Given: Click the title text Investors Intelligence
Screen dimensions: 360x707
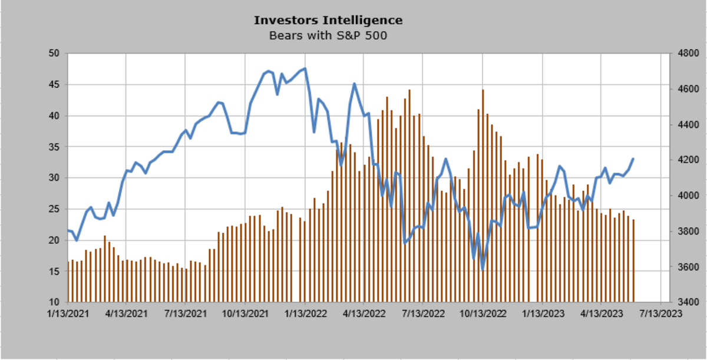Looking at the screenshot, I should click(x=328, y=20).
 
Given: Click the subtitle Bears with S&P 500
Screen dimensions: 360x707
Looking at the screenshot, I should click(x=328, y=35).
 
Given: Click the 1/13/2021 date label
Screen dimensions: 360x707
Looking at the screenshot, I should click(x=68, y=314).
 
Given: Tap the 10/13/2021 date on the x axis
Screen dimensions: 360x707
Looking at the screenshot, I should click(x=246, y=314).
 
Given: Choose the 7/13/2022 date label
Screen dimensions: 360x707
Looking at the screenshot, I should click(x=424, y=314).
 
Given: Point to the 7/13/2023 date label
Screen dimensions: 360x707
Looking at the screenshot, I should click(x=660, y=314).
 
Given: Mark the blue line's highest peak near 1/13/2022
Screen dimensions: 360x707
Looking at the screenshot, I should click(x=305, y=68).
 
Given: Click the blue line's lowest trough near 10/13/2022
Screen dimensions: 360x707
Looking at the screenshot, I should click(x=483, y=269).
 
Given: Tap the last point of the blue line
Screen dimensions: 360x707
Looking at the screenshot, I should click(x=633, y=158).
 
